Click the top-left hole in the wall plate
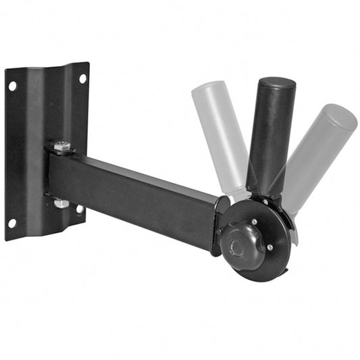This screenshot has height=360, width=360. pos(12,86)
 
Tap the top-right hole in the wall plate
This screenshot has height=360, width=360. pos(82,78)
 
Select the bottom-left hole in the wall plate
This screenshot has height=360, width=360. pos(11,223)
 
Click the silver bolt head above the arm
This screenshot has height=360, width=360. pos(62,147)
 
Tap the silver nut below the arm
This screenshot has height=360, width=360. pos(61,202)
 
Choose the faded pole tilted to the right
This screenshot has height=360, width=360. pos(317,155)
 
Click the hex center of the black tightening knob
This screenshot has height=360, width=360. pos(237,247)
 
